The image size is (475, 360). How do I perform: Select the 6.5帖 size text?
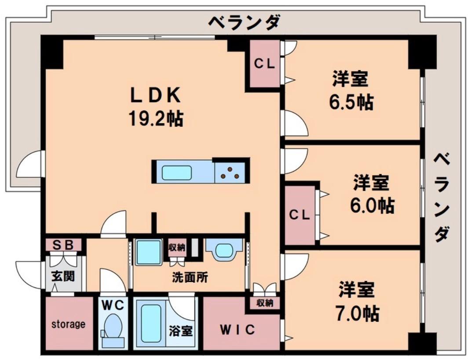[x=351, y=103]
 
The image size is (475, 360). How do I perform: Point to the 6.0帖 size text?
[x=372, y=206]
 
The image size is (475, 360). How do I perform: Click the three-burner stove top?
[x=230, y=173]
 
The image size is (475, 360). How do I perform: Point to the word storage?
[x=69, y=324]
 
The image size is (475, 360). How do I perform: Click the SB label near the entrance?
[x=63, y=245]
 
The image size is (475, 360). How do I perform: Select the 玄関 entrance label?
[x=63, y=276]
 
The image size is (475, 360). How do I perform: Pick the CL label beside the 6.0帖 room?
[x=300, y=215]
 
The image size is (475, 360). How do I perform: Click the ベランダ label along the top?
[x=244, y=22]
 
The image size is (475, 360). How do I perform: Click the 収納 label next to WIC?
[x=265, y=303]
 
